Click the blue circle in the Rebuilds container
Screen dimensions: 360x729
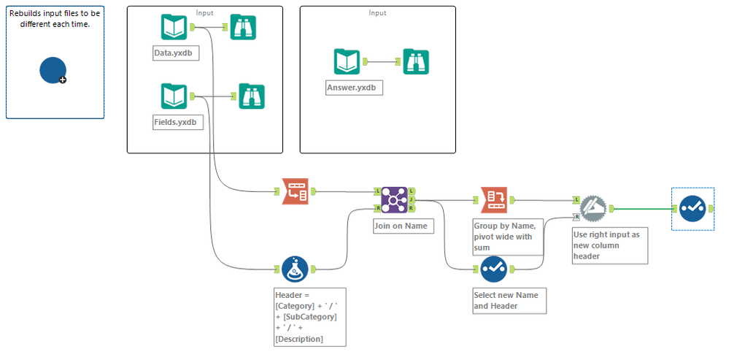click(53, 69)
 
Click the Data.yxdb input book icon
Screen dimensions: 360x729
click(174, 28)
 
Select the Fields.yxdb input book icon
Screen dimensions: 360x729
click(174, 96)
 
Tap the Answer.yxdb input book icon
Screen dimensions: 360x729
click(347, 61)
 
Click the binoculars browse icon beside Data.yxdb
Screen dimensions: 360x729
click(243, 28)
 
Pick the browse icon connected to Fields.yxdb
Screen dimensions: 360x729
click(251, 96)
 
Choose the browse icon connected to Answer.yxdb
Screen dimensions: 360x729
click(416, 61)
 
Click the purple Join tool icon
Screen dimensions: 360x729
click(393, 199)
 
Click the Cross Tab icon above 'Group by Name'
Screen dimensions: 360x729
click(493, 199)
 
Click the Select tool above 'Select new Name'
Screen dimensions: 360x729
click(493, 269)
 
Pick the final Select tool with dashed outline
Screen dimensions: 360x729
click(690, 208)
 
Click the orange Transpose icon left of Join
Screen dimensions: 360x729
click(295, 192)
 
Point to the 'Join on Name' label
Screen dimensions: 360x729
click(401, 226)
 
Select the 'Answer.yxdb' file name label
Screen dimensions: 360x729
click(351, 88)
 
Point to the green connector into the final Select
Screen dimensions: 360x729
click(642, 209)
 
